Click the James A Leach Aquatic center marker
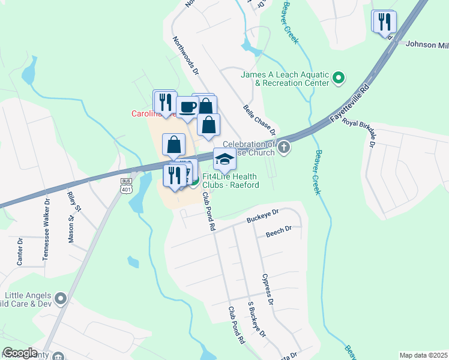pyautogui.click(x=338, y=77)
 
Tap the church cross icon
pyautogui.click(x=283, y=147)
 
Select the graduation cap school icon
pyautogui.click(x=224, y=159)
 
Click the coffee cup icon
pyautogui.click(x=187, y=107)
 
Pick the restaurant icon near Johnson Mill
pyautogui.click(x=383, y=22)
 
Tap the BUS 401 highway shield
pyautogui.click(x=126, y=186)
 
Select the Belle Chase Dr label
pyautogui.click(x=259, y=120)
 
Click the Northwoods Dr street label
pyautogui.click(x=185, y=56)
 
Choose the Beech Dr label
pyautogui.click(x=279, y=230)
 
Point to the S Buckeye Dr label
pyautogui.click(x=256, y=318)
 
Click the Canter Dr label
pyautogui.click(x=20, y=251)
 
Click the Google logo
pyautogui.click(x=20, y=353)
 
